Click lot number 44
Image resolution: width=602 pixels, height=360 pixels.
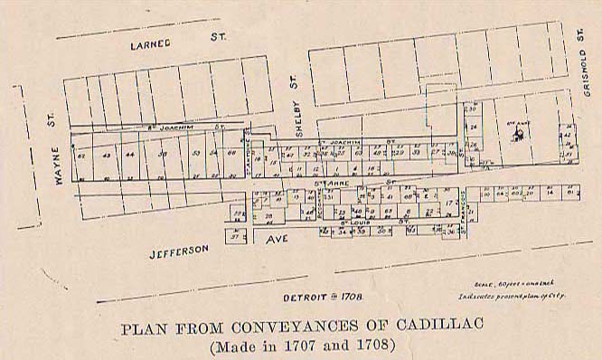tap(132, 155)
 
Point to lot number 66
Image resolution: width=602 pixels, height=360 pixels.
tap(233, 153)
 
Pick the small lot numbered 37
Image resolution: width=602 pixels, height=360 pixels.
tap(234, 238)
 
